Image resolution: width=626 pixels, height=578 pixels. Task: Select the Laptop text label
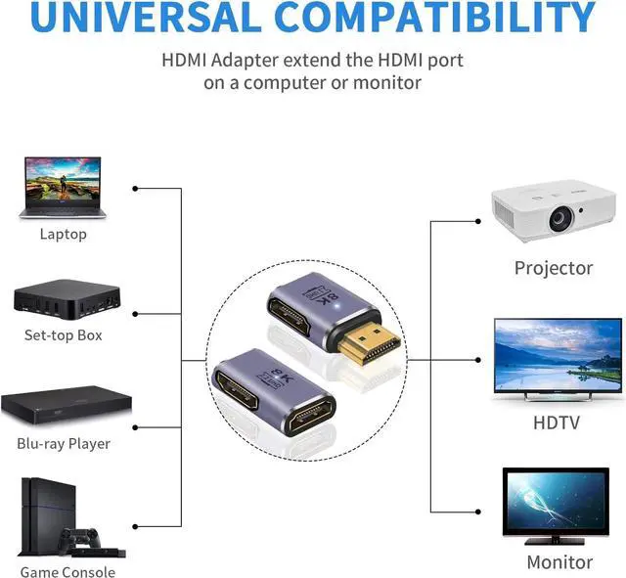tap(64, 234)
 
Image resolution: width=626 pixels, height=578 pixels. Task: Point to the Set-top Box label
tap(64, 335)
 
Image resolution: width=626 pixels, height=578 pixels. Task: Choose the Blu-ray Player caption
tap(64, 443)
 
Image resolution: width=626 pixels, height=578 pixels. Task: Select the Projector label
tap(554, 268)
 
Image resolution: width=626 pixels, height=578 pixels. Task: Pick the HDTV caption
tap(557, 422)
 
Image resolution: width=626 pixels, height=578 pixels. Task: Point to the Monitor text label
tap(559, 562)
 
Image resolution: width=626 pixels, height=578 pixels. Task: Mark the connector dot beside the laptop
tap(134, 188)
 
